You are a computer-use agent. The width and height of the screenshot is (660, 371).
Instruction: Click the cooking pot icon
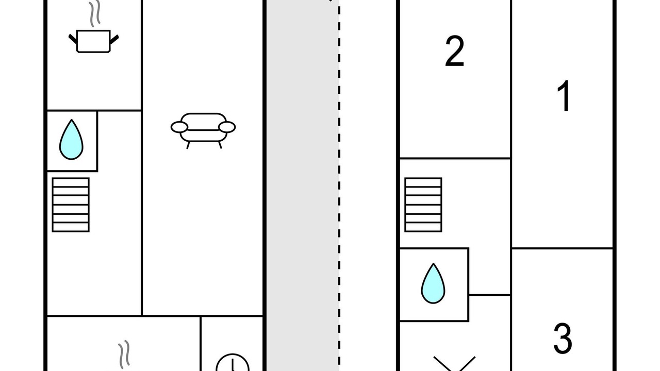[93, 41]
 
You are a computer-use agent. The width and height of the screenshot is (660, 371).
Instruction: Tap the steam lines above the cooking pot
[95, 13]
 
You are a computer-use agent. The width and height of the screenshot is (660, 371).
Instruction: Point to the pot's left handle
[73, 39]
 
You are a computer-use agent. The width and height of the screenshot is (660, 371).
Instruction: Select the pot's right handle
[114, 39]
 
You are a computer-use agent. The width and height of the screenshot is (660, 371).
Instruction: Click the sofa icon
[203, 130]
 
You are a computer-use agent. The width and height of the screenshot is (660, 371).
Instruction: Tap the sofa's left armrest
[179, 127]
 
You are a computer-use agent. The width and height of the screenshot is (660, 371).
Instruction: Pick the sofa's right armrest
[227, 127]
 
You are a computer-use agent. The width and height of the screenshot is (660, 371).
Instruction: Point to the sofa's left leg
[188, 145]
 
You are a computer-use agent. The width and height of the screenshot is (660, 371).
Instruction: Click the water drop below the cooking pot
[71, 140]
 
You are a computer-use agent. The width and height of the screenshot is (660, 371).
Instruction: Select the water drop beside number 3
[433, 283]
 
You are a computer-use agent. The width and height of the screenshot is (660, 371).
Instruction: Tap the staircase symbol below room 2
[423, 205]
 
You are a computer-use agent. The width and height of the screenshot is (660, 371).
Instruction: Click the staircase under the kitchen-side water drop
[71, 205]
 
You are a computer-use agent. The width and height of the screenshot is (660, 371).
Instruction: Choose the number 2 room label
[455, 51]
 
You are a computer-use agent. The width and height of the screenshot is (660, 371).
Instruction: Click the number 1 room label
[564, 96]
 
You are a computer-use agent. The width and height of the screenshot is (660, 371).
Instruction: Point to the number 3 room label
[563, 339]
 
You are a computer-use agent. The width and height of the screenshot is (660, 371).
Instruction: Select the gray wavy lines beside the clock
[124, 355]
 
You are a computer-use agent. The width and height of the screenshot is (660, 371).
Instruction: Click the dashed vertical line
[339, 185]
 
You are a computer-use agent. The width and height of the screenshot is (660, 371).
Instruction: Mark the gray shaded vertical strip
[303, 185]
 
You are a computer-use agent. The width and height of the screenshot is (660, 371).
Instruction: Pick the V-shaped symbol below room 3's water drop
[454, 364]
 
